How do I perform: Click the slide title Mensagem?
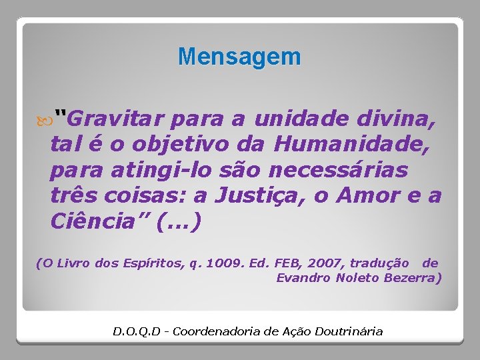(x=239, y=57)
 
